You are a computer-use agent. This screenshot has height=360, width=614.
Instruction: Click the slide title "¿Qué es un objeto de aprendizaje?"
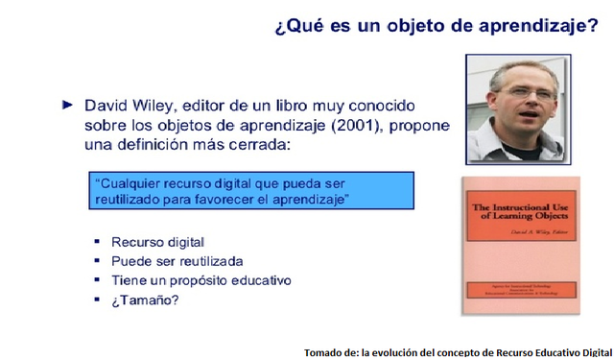click(436, 25)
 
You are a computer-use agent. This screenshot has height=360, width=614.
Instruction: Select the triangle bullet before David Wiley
click(66, 104)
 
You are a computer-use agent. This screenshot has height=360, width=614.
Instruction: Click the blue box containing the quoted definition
click(250, 190)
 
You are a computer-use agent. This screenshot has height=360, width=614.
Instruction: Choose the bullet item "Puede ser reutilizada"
click(177, 261)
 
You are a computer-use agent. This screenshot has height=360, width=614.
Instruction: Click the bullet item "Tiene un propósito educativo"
click(201, 280)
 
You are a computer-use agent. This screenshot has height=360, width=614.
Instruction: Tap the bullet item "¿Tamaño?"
click(145, 300)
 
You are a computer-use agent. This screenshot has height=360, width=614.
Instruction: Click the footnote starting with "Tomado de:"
click(458, 351)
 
